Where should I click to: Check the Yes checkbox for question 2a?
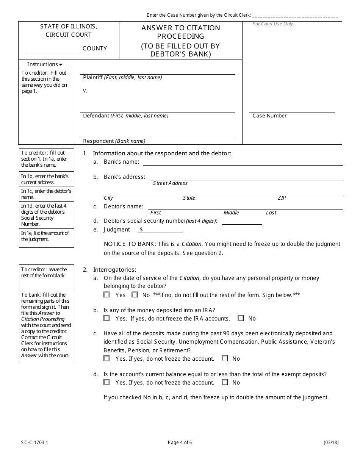(x=107, y=295)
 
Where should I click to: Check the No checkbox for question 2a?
(x=135, y=295)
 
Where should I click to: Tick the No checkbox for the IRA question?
(x=241, y=318)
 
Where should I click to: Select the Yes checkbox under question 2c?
(x=107, y=358)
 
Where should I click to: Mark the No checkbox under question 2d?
(x=225, y=382)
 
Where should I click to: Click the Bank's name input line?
(x=243, y=162)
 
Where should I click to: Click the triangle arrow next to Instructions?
(x=61, y=65)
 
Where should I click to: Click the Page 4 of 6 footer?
(x=180, y=443)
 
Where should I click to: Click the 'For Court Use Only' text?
(x=273, y=24)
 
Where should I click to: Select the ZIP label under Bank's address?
(x=282, y=198)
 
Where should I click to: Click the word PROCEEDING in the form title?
(x=180, y=36)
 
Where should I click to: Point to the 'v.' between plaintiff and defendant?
(x=85, y=91)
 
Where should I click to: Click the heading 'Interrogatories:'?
(x=114, y=270)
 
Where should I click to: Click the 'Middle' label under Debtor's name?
(x=231, y=213)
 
